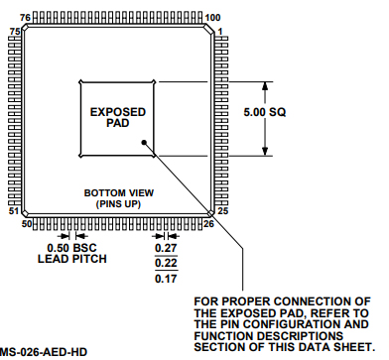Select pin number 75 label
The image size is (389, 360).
(x=14, y=32)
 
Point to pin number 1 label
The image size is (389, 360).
(x=221, y=31)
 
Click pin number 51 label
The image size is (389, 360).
(x=14, y=212)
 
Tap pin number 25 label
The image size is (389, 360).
(x=223, y=212)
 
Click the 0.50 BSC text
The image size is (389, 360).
(x=70, y=248)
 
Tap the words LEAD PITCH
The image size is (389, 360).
(x=70, y=260)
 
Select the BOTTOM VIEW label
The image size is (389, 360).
(x=115, y=191)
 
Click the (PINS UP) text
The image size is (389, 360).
(x=115, y=203)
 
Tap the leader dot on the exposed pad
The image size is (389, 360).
(x=146, y=142)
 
